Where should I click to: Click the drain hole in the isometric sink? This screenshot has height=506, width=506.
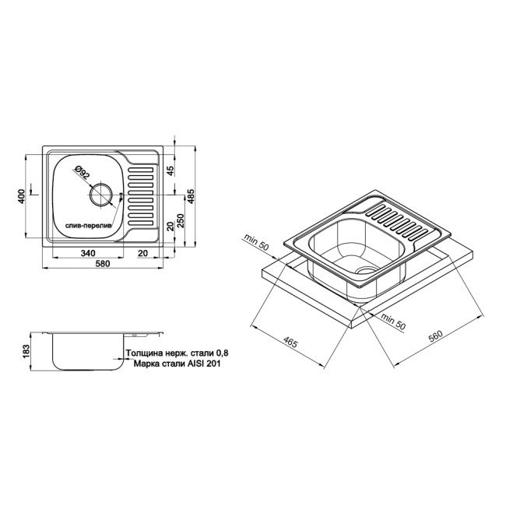tap(362, 267)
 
